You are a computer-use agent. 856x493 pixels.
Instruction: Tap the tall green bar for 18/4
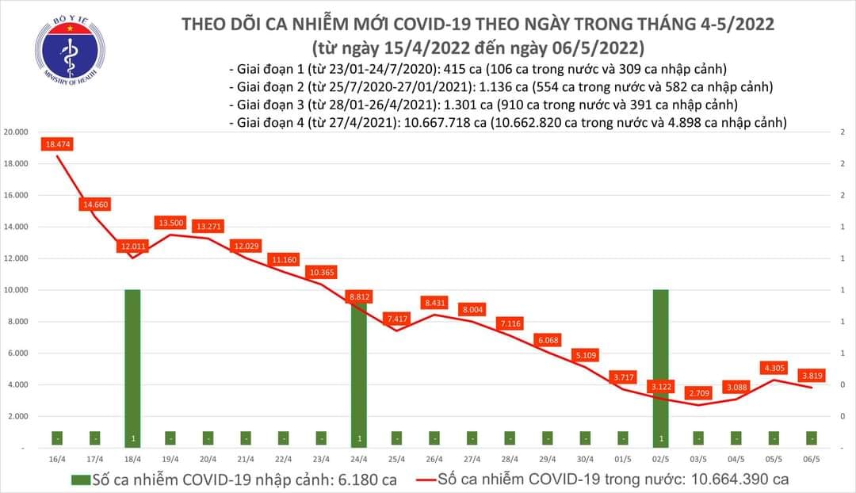click(x=132, y=365)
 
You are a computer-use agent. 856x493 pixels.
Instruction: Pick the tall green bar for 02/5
click(x=661, y=365)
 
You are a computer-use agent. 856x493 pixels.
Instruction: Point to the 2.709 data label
click(x=698, y=392)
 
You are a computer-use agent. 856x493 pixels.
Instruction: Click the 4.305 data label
click(x=774, y=368)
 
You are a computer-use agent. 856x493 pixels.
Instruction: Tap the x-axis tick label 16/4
click(x=56, y=459)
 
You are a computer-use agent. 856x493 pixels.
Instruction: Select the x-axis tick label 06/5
click(x=812, y=459)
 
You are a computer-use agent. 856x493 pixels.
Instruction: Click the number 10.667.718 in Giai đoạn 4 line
click(x=441, y=123)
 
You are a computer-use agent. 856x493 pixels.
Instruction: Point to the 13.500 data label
click(x=170, y=224)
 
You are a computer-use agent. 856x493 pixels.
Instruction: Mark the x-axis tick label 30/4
click(x=585, y=459)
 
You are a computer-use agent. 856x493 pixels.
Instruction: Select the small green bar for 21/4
click(x=245, y=438)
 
